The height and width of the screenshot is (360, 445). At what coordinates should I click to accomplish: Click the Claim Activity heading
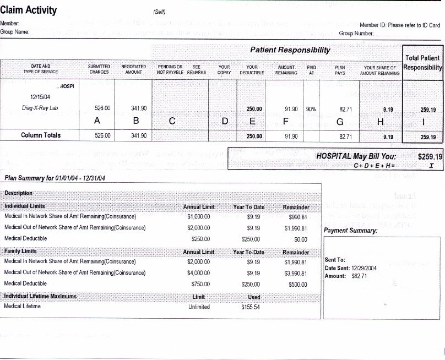[29, 10]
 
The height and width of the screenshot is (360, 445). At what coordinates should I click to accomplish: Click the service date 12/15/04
[41, 96]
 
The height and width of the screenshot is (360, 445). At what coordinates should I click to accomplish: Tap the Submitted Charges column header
[99, 69]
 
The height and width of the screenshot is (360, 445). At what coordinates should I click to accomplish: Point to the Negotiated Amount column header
[133, 69]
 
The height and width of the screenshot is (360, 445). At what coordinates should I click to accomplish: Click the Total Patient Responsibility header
[422, 63]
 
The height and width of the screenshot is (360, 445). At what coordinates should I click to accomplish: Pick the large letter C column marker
[172, 121]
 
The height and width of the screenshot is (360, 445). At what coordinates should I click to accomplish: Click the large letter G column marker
[340, 121]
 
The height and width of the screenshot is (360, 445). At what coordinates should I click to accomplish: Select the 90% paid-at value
[311, 109]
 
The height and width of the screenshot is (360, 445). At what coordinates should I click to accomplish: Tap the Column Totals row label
[41, 135]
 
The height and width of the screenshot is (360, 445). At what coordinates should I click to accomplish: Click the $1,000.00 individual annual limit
[198, 216]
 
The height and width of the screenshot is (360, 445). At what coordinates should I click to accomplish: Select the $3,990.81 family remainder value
[296, 273]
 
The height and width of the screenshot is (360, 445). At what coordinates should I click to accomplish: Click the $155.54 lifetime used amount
[250, 307]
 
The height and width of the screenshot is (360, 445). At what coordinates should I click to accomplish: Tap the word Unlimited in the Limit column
[199, 307]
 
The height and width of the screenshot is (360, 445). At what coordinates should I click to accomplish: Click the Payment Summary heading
[350, 231]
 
